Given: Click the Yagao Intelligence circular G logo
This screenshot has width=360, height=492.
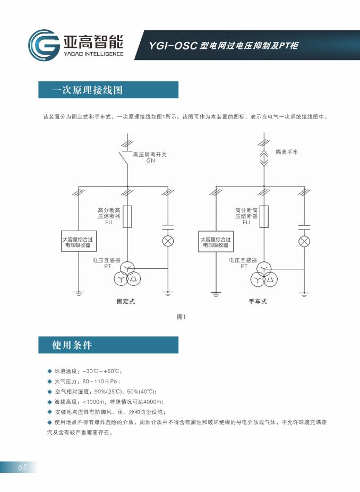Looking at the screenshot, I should pos(43,46).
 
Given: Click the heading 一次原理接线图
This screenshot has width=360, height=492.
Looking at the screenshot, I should pos(88,90).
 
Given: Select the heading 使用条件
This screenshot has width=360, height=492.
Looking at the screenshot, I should pos(72,345).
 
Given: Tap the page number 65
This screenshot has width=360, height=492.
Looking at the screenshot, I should pos(22,467).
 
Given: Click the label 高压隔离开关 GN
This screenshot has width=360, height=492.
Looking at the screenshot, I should pos(150,157).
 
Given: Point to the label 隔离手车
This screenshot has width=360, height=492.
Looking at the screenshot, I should pos(287,152).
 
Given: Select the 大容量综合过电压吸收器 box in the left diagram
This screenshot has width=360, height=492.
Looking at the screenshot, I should pos(78,243).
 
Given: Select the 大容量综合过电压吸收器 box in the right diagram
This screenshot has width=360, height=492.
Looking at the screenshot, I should pos(215,243).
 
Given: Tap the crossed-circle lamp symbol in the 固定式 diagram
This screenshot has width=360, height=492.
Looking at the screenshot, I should pos(168,242).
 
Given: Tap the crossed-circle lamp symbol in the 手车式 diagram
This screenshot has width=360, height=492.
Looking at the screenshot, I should pos(304,242).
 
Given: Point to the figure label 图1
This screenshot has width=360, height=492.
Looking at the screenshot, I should pos(181,317).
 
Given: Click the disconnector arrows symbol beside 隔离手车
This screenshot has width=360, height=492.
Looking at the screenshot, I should pos(264,158).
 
